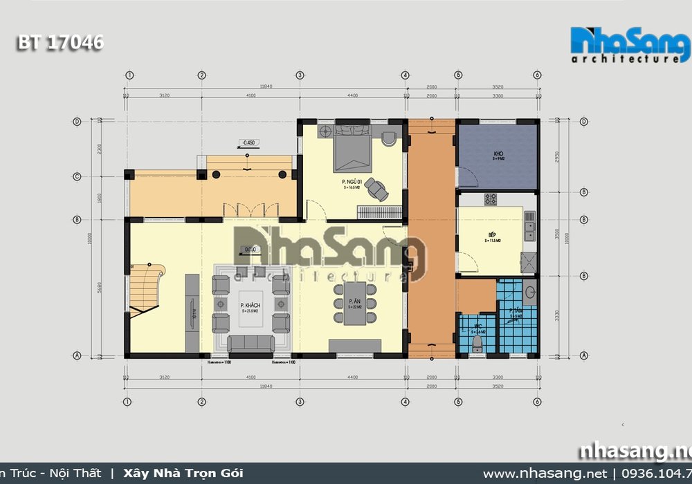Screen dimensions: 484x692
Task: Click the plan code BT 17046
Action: tap(60, 43)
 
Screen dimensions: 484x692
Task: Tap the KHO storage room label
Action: tap(498, 154)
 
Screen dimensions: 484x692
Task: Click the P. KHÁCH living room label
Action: tap(250, 306)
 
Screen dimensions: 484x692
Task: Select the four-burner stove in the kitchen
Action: tap(490, 200)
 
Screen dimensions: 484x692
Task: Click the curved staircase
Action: tap(147, 289)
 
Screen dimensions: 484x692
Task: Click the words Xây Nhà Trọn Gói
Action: tap(183, 474)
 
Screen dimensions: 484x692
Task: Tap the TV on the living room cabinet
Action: tap(194, 313)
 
